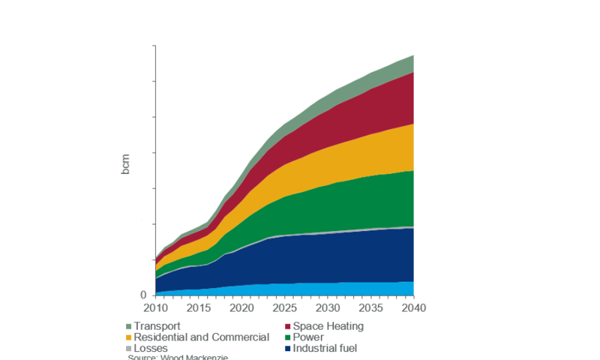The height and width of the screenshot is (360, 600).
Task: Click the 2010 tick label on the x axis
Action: pyautogui.click(x=156, y=308)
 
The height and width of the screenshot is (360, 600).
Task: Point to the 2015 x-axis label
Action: pyautogui.click(x=197, y=308)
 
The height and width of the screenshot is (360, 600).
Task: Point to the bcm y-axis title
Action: pyautogui.click(x=125, y=165)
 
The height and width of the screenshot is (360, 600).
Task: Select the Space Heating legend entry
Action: pyautogui.click(x=328, y=326)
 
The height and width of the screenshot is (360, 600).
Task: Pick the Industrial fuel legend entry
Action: pyautogui.click(x=325, y=349)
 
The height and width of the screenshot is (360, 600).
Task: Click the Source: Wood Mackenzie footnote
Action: pyautogui.click(x=178, y=357)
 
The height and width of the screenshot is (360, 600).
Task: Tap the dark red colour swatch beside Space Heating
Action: pyautogui.click(x=287, y=326)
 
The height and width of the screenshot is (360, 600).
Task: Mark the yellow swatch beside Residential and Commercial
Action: pyautogui.click(x=129, y=337)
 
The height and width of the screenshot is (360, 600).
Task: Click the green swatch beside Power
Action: pyautogui.click(x=287, y=337)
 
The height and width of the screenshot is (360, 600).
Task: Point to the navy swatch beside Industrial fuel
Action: pyautogui.click(x=287, y=349)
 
